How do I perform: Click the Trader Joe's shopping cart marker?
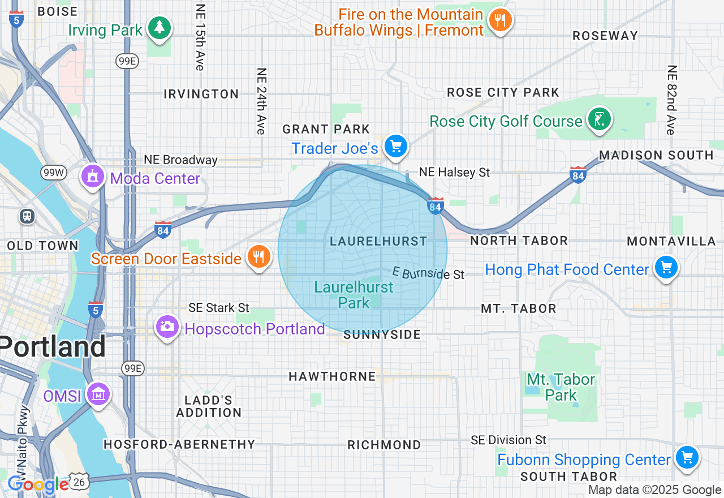click(x=396, y=147)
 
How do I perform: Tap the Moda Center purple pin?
click(x=93, y=176)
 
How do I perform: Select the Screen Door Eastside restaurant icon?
click(x=258, y=257)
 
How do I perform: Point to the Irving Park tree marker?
click(x=160, y=28)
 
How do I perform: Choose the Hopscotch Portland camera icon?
click(x=167, y=327)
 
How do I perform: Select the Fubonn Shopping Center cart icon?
click(x=687, y=457)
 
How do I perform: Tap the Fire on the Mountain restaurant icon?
click(x=499, y=20)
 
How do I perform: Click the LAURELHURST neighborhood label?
click(x=378, y=241)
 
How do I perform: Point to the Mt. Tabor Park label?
click(x=561, y=387)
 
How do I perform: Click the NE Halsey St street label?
click(x=454, y=172)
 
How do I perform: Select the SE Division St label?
click(x=508, y=440)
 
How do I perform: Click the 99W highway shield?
click(x=53, y=173)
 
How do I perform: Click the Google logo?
click(x=37, y=484)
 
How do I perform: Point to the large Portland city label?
click(x=53, y=346)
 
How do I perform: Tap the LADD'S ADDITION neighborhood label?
click(x=209, y=406)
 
